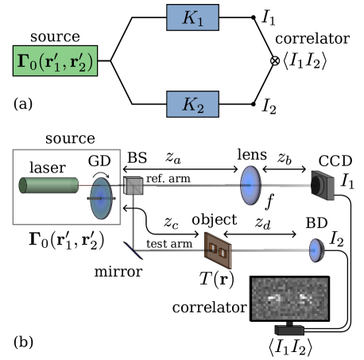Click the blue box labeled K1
click(x=192, y=17)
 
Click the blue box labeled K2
click(x=192, y=104)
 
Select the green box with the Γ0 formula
click(x=55, y=61)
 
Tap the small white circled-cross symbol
click(x=275, y=61)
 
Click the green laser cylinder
click(x=49, y=185)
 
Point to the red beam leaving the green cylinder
click(x=84, y=185)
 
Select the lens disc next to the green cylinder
click(x=101, y=198)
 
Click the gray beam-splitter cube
click(x=133, y=186)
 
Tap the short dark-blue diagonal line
click(x=134, y=250)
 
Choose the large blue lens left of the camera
click(x=250, y=185)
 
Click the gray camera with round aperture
click(x=323, y=185)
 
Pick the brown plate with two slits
click(x=218, y=250)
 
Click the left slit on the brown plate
click(x=212, y=250)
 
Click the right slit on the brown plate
click(x=223, y=252)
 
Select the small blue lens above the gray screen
click(x=316, y=250)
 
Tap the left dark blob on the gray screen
click(x=274, y=298)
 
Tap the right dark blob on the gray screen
click(x=305, y=298)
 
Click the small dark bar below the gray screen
click(x=289, y=330)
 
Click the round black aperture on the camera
click(x=318, y=185)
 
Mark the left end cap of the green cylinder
click(x=23, y=185)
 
